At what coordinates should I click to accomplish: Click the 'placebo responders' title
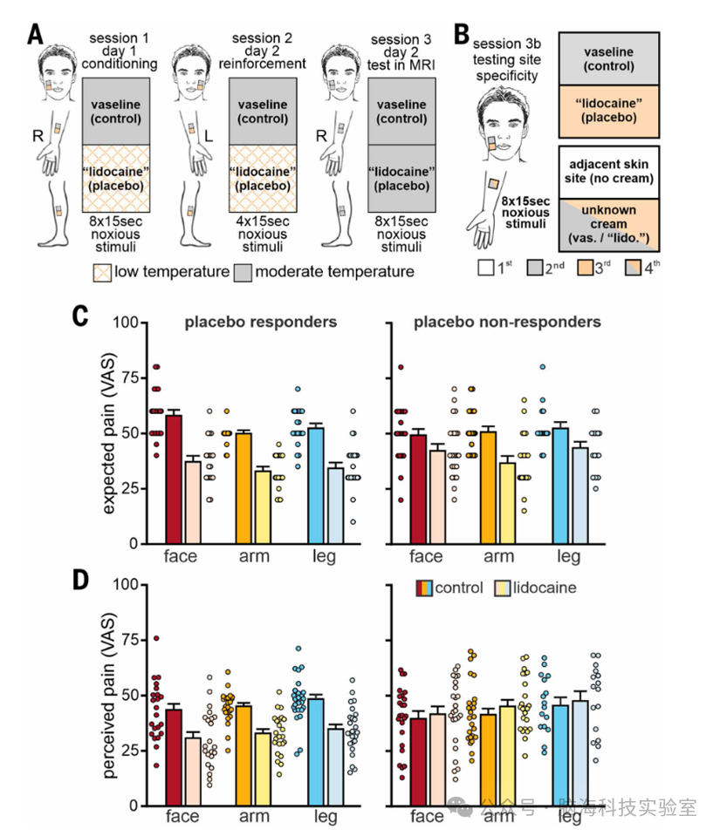260,323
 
